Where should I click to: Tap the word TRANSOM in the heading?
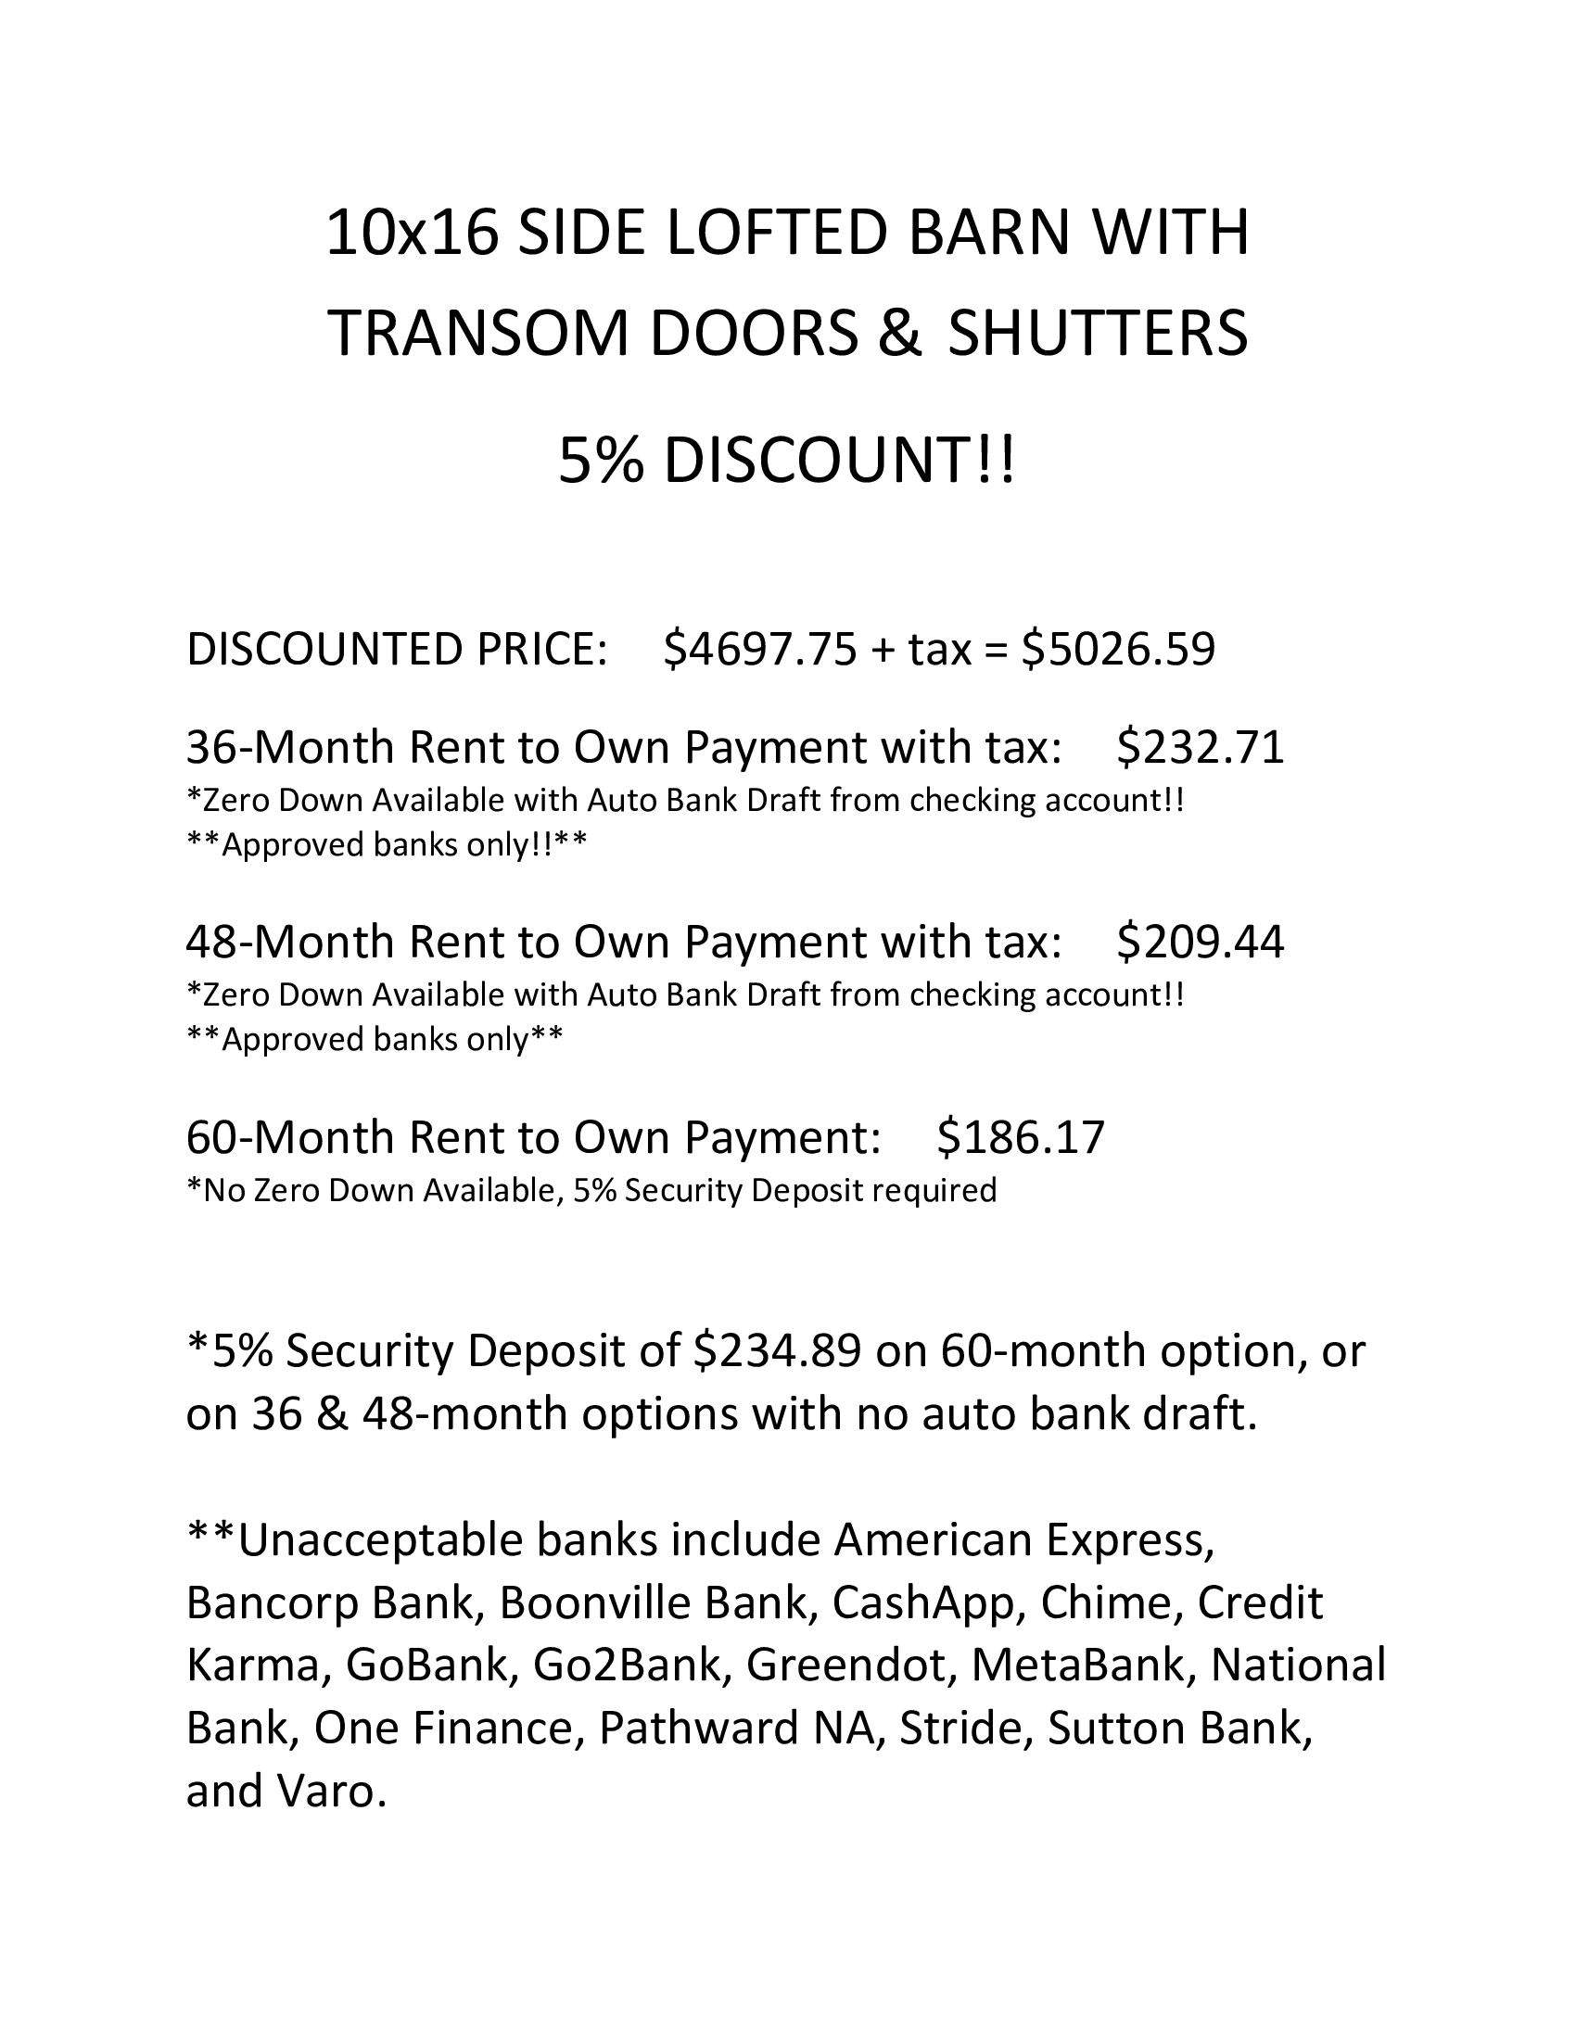(x=479, y=334)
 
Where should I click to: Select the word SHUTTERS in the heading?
(x=1098, y=334)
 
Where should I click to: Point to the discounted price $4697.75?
(x=759, y=649)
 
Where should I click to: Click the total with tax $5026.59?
(x=1119, y=649)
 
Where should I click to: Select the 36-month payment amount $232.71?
(x=1201, y=747)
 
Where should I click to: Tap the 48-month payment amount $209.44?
(x=1201, y=941)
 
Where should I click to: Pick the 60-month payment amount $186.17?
(x=1021, y=1136)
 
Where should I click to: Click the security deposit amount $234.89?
(x=777, y=1351)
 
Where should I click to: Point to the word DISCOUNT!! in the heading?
(x=838, y=462)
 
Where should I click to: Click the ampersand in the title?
(x=900, y=334)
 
